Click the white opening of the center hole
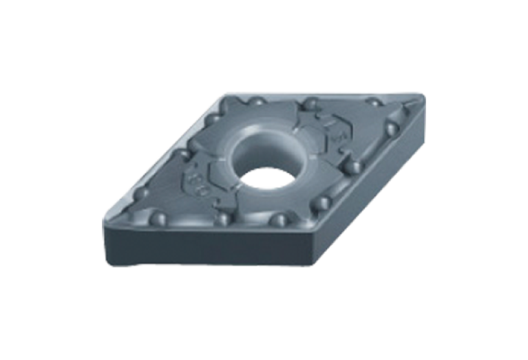[265, 167]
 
